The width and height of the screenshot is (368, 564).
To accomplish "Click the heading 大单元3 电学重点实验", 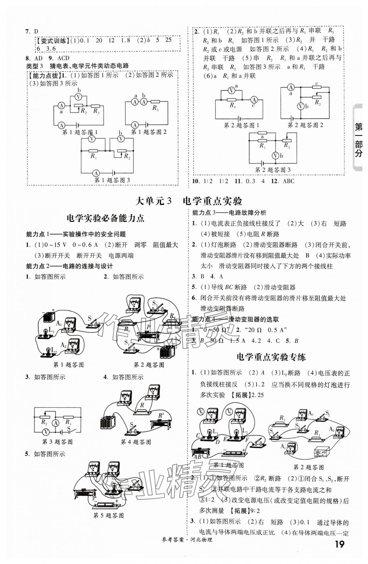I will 188,201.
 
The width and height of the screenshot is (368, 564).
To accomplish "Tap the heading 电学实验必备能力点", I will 105,218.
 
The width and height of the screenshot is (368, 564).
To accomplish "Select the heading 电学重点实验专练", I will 271,357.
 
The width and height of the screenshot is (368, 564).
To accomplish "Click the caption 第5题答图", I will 108,515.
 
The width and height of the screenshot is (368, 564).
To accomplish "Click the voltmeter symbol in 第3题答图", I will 45,432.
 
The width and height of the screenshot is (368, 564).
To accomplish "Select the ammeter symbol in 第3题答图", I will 55,423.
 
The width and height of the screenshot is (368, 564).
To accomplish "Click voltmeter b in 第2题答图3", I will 275,156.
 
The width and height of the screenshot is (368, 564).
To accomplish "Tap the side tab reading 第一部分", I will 358,140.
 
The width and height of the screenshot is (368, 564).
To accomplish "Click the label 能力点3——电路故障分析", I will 229,212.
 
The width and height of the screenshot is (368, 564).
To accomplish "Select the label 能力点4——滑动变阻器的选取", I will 235,319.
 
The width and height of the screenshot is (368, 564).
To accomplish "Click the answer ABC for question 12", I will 288,181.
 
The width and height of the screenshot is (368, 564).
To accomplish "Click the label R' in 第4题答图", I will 161,416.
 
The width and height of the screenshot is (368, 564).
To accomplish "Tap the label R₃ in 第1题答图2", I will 155,108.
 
